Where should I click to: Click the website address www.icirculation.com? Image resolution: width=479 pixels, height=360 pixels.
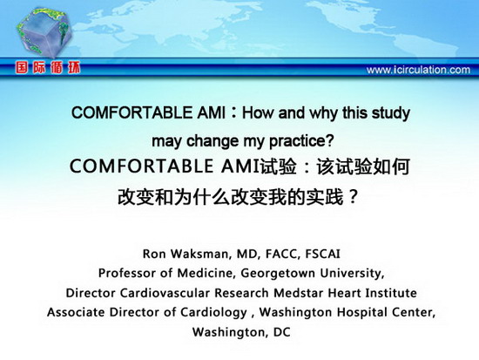point(418,70)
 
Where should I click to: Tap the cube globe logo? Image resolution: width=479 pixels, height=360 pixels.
point(44,32)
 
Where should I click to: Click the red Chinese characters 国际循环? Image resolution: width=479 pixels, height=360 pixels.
point(48,67)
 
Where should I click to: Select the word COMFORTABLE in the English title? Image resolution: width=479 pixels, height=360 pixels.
point(132,112)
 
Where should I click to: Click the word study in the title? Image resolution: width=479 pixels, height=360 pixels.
point(391,113)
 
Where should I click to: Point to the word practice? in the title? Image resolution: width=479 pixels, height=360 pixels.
point(301,141)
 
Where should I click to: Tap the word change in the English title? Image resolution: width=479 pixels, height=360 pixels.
point(213,141)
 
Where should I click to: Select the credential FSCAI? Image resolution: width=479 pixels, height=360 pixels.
point(322,254)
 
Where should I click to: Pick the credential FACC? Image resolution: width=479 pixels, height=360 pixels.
point(282,254)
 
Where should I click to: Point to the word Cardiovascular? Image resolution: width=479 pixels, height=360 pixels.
point(165,293)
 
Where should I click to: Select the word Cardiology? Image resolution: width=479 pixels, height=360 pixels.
point(213,313)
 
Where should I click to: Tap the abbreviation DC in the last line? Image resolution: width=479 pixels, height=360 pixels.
point(281,332)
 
